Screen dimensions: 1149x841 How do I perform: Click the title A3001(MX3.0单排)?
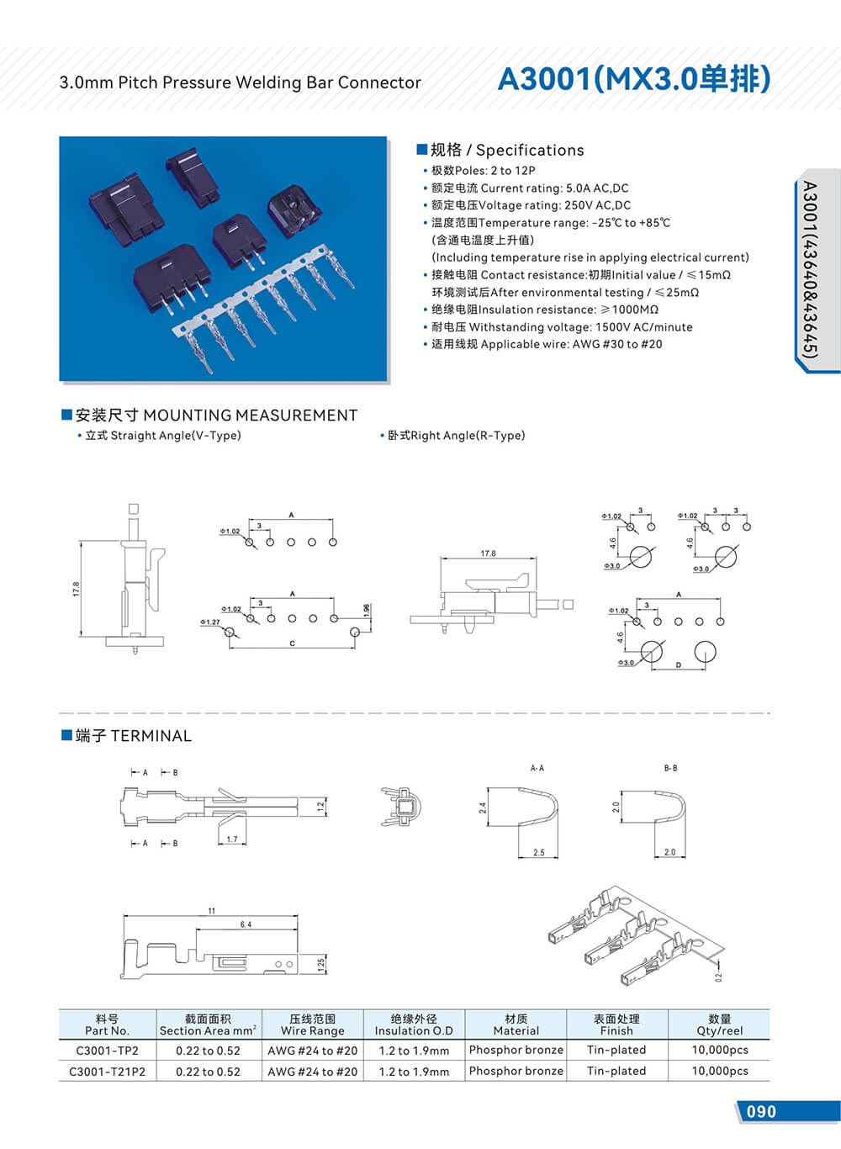(634, 78)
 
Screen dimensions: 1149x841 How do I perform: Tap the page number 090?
(761, 1111)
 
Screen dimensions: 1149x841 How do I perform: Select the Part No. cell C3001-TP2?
(107, 1050)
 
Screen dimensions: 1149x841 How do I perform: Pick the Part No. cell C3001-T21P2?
(107, 1072)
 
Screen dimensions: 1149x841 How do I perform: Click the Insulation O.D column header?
(414, 1024)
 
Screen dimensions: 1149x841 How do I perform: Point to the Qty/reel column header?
(719, 1024)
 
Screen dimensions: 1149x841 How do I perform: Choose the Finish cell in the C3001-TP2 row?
(616, 1050)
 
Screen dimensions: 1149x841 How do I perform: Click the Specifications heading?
(506, 150)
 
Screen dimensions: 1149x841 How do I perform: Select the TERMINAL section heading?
(133, 736)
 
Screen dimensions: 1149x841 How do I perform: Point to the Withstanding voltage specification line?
(562, 326)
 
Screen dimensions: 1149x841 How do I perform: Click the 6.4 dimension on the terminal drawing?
(246, 924)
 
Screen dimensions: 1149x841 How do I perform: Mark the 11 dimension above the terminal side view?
(212, 911)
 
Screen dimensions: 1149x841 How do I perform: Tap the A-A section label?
(537, 768)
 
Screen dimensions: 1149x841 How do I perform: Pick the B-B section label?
(670, 768)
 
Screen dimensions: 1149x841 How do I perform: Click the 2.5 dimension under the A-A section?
(538, 853)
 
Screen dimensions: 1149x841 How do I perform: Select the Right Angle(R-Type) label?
(455, 436)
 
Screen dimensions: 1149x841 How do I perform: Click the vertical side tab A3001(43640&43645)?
(809, 270)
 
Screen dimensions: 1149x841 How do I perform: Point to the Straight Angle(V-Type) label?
(162, 436)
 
